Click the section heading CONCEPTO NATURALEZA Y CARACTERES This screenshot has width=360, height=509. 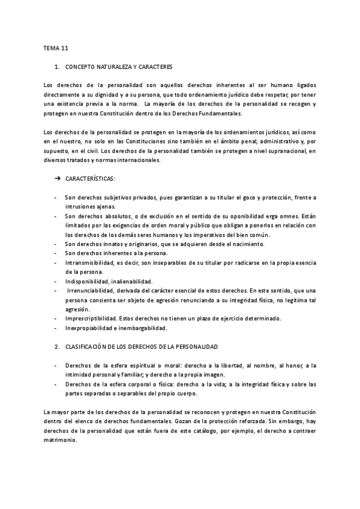point(119,67)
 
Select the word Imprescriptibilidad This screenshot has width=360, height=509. point(92,318)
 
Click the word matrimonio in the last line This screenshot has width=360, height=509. point(61,440)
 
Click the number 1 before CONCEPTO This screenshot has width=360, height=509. point(56,67)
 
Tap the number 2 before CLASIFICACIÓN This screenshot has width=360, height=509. point(56,348)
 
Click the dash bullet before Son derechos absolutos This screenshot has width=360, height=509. point(56,216)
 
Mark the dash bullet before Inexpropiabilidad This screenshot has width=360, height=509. point(56,328)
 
